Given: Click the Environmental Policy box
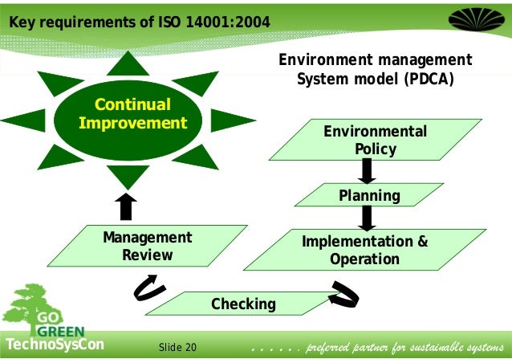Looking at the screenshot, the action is [374, 140].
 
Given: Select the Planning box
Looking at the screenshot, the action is [368, 195].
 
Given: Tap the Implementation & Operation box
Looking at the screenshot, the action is [364, 250].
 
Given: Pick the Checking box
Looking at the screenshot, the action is [243, 304].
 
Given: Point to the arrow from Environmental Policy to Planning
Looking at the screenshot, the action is [367, 170].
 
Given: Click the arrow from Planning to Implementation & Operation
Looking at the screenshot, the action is [368, 217].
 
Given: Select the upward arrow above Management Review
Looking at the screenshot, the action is [125, 206].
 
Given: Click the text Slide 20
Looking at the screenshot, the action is [177, 348].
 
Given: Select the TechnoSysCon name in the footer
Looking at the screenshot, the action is [55, 346].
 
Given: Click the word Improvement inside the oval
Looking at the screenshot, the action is [132, 124].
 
